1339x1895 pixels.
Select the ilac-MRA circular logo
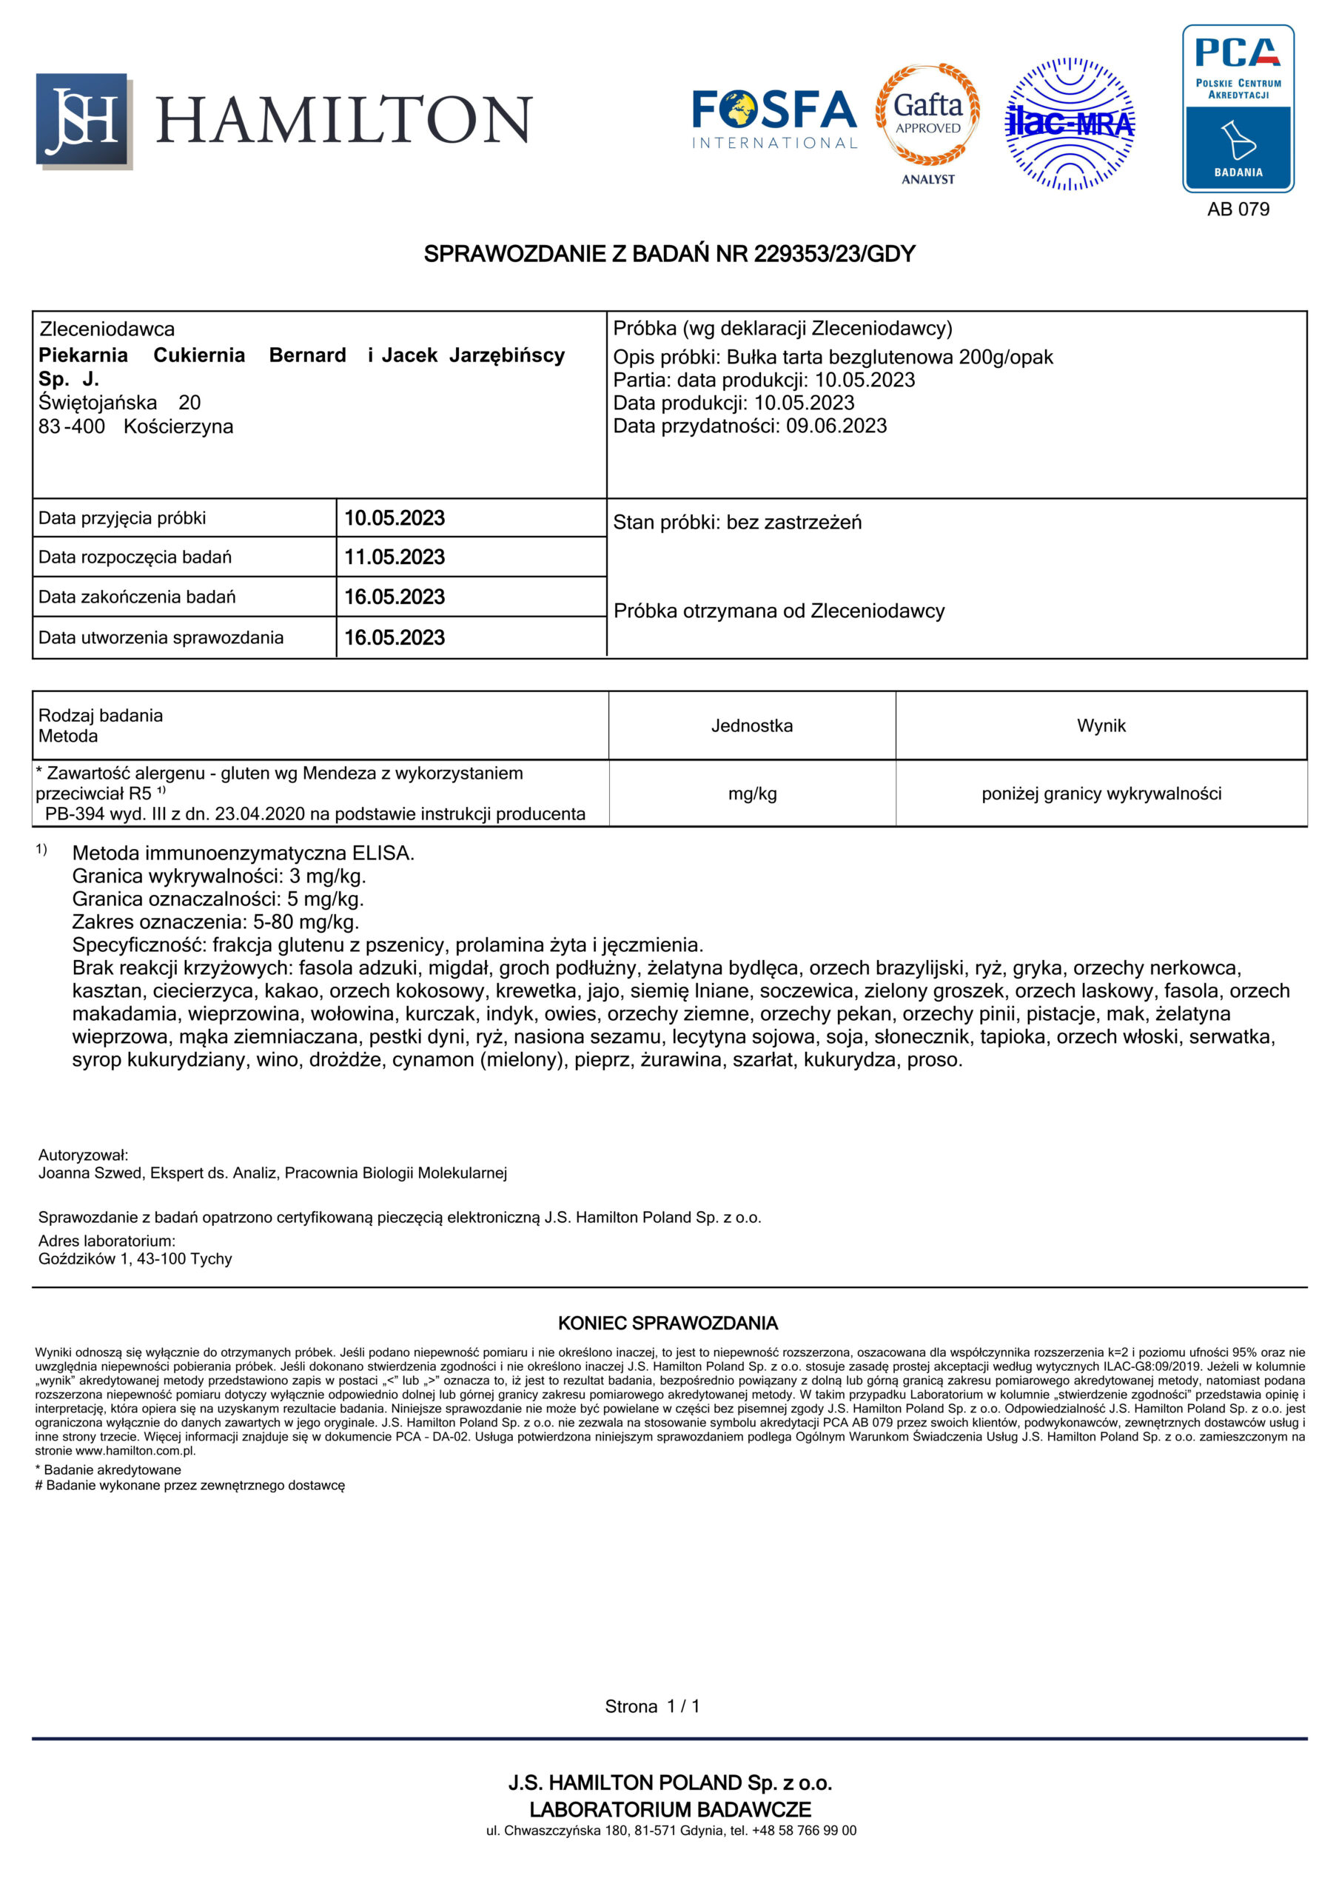coord(1070,124)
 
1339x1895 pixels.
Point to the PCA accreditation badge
coord(1238,108)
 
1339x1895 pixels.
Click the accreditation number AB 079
coord(1238,209)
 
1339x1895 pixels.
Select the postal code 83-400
coord(72,426)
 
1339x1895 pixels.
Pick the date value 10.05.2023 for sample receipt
coord(394,518)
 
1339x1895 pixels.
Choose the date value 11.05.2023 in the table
coord(394,557)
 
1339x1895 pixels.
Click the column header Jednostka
coord(751,725)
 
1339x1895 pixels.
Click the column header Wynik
coord(1101,725)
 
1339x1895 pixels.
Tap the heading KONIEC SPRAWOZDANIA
coord(668,1323)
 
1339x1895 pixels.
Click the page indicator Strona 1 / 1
coord(652,1706)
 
